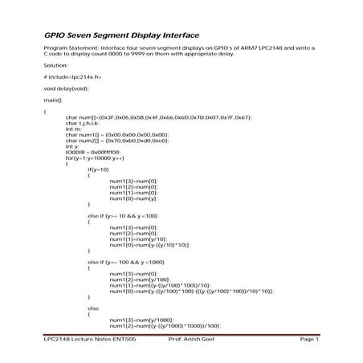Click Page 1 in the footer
[x=308, y=340]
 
